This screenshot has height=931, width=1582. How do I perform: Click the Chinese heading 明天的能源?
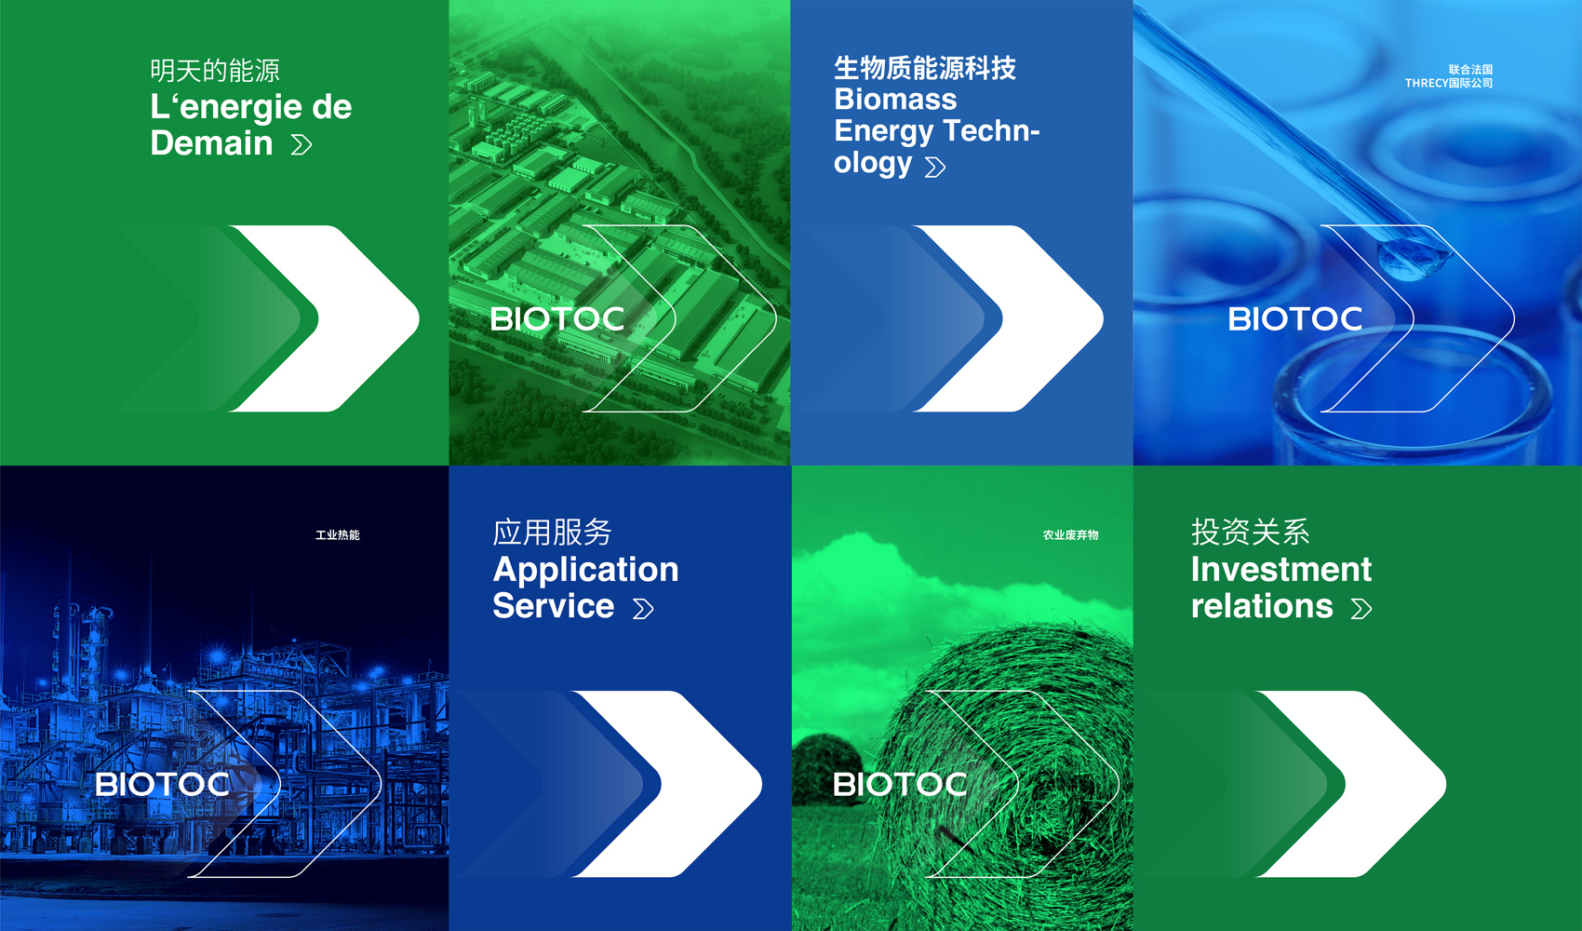click(x=215, y=71)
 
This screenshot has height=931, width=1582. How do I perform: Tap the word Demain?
click(x=211, y=143)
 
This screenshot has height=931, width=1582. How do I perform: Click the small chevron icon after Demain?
click(x=302, y=145)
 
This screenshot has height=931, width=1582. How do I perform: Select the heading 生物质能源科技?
click(x=924, y=68)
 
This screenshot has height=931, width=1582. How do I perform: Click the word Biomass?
click(x=895, y=100)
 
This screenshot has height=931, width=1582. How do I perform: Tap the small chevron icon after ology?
click(x=935, y=168)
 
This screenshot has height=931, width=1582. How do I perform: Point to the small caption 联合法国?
click(x=1470, y=69)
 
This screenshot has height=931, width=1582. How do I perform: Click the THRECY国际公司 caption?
click(x=1449, y=84)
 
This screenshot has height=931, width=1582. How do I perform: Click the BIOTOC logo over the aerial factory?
click(x=557, y=319)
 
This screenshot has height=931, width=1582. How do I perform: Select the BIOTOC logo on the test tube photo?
click(x=1295, y=319)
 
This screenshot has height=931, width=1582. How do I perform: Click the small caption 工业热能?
click(x=337, y=535)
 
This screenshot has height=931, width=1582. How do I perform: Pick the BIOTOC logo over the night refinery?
click(x=163, y=784)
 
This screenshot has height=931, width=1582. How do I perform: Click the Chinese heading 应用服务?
click(x=552, y=532)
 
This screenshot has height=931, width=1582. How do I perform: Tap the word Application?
click(x=585, y=570)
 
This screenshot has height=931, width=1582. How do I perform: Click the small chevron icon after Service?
click(x=643, y=609)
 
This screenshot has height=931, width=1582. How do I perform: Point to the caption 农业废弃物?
click(x=1071, y=535)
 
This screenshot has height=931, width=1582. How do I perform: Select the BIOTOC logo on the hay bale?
click(x=901, y=784)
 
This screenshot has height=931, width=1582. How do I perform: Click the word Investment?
click(x=1281, y=570)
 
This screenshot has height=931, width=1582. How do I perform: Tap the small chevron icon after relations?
click(x=1361, y=609)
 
